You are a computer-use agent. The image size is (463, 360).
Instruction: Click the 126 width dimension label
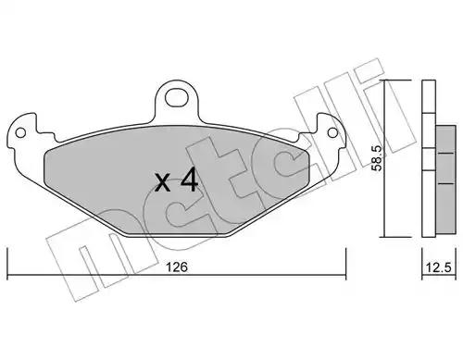[177, 267]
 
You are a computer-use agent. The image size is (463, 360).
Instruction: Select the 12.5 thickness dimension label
[439, 267]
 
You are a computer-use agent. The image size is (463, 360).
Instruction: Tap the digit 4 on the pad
[189, 180]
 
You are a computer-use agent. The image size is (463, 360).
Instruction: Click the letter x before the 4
[162, 182]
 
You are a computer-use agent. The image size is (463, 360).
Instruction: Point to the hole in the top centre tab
[177, 98]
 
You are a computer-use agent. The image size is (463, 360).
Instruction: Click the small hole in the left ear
[20, 133]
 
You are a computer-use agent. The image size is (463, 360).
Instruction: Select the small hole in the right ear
[332, 133]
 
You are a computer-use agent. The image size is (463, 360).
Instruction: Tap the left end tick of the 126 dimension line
[7, 263]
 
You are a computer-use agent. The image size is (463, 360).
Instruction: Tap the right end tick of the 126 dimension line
[345, 263]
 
